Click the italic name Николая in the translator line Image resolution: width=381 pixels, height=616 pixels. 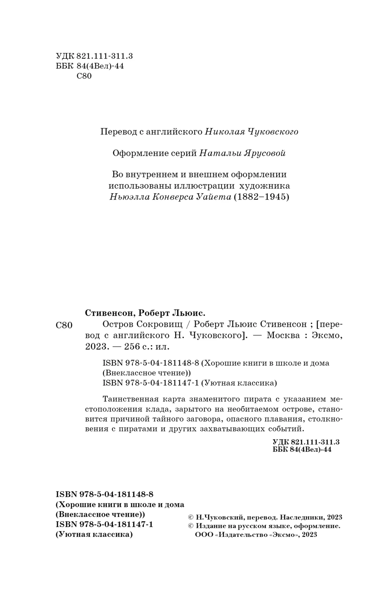click(x=225, y=132)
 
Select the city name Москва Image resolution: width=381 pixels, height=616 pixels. click(x=283, y=335)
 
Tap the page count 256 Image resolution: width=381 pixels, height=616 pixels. click(x=132, y=346)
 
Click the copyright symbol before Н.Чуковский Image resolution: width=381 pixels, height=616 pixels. click(x=190, y=517)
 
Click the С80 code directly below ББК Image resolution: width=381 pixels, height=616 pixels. click(x=84, y=76)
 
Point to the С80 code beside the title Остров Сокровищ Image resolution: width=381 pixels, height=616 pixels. click(x=64, y=325)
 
